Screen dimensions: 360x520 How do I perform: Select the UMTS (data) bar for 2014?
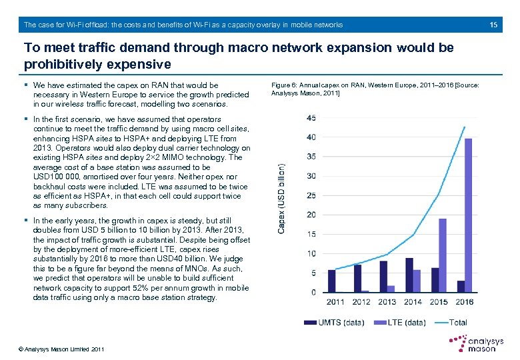409,275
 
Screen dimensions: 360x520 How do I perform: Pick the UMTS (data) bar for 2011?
331,281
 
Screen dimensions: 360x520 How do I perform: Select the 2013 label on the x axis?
387,302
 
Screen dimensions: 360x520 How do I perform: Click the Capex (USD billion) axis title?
282,199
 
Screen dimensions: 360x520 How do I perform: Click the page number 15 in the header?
493,25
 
